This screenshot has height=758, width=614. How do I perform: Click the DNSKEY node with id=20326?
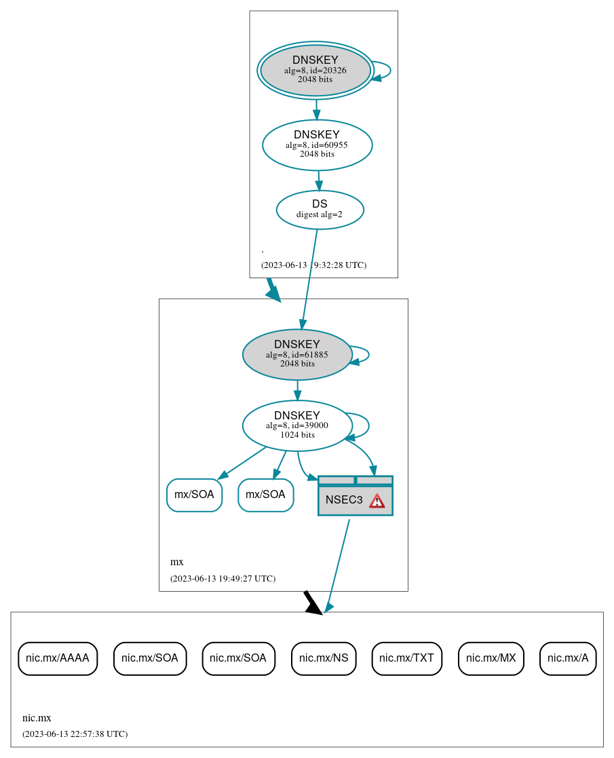(x=315, y=70)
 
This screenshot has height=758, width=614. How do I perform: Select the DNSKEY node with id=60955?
(x=317, y=145)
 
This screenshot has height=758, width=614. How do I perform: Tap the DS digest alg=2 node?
(x=320, y=210)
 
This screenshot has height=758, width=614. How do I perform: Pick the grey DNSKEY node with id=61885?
(x=297, y=354)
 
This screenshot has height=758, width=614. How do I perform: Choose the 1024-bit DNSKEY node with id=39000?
(x=297, y=425)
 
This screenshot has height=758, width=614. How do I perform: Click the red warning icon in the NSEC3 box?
(x=377, y=501)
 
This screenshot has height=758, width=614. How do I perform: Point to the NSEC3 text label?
(x=344, y=500)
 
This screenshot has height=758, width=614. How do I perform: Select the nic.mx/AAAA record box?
(x=58, y=658)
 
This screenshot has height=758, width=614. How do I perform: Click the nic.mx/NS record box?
(x=324, y=658)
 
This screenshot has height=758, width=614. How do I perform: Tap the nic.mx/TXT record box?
(x=407, y=658)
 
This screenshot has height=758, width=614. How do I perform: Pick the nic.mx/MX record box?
(x=491, y=658)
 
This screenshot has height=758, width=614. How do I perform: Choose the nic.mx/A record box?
(x=568, y=658)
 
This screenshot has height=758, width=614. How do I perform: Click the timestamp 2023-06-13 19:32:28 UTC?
(x=313, y=265)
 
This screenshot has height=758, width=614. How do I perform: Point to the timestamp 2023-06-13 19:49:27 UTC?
(x=223, y=579)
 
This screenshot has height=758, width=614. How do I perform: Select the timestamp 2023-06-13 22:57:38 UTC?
(x=75, y=734)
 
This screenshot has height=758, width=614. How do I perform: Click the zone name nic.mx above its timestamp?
(x=37, y=718)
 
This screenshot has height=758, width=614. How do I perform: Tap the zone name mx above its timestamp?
(x=176, y=562)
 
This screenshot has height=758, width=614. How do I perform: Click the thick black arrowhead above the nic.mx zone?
(x=313, y=605)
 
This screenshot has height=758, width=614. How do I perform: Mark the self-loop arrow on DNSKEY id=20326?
(x=383, y=71)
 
